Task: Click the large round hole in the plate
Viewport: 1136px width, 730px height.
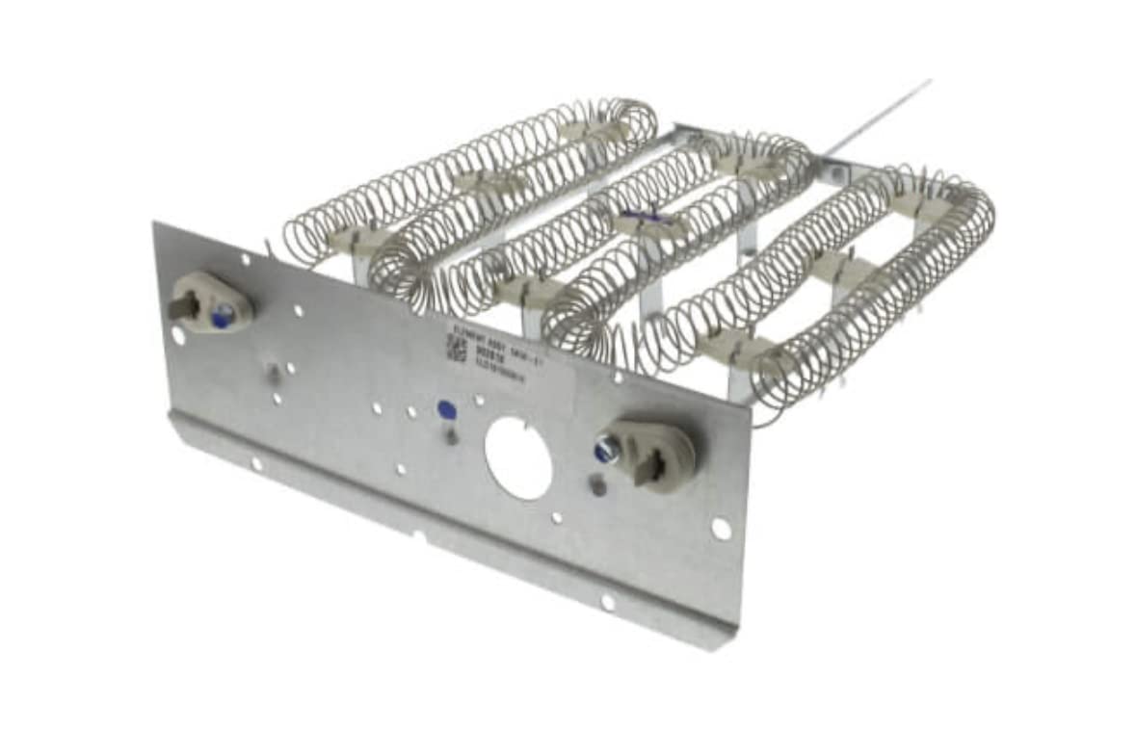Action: click(518, 458)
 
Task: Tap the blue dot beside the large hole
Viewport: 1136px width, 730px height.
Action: click(446, 409)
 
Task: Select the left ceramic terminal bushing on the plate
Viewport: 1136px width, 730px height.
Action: click(211, 301)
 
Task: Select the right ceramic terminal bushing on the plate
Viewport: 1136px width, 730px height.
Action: click(651, 455)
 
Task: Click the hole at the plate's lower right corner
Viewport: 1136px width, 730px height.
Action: click(720, 528)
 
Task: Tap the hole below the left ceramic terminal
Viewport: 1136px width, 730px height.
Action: click(178, 335)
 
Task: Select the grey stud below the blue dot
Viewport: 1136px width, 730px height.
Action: click(451, 437)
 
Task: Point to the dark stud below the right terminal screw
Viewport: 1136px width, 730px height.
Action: click(597, 488)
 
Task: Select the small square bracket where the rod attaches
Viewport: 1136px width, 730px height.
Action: click(832, 172)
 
